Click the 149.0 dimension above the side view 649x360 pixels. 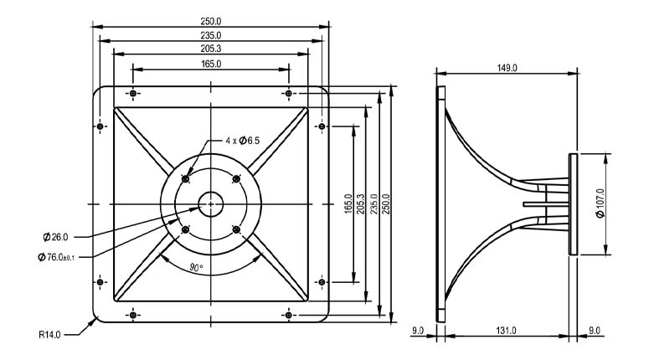click(x=506, y=67)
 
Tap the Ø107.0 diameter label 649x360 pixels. click(x=600, y=203)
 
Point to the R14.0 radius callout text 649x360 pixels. click(x=51, y=333)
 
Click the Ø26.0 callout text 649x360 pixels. click(x=55, y=238)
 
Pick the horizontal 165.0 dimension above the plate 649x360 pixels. click(x=211, y=64)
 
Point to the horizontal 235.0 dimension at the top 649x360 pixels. click(x=211, y=36)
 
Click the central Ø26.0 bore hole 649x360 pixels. click(x=211, y=203)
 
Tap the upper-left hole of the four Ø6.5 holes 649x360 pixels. click(x=186, y=178)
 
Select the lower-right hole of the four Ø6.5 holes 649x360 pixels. click(x=236, y=229)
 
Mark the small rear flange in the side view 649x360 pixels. click(x=572, y=203)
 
